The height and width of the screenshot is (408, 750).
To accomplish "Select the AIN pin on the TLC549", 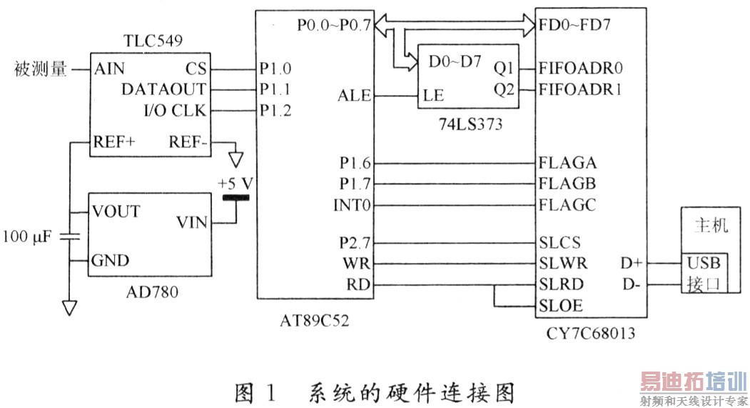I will click(109, 69).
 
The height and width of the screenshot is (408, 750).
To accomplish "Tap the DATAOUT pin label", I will click(163, 89).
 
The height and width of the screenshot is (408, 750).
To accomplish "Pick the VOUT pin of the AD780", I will click(116, 212).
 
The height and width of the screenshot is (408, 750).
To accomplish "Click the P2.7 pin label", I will click(355, 242).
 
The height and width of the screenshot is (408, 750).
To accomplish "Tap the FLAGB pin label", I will click(569, 184).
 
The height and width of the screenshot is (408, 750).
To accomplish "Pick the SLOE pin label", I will click(562, 306).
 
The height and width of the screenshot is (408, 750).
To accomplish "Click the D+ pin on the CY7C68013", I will click(632, 264).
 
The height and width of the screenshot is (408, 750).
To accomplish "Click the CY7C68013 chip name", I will click(591, 333).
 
